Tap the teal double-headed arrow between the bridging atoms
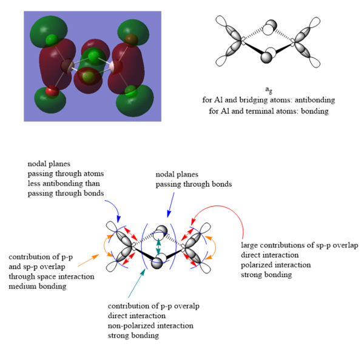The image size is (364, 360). pos(159,247)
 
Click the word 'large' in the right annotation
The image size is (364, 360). pos(250,245)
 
